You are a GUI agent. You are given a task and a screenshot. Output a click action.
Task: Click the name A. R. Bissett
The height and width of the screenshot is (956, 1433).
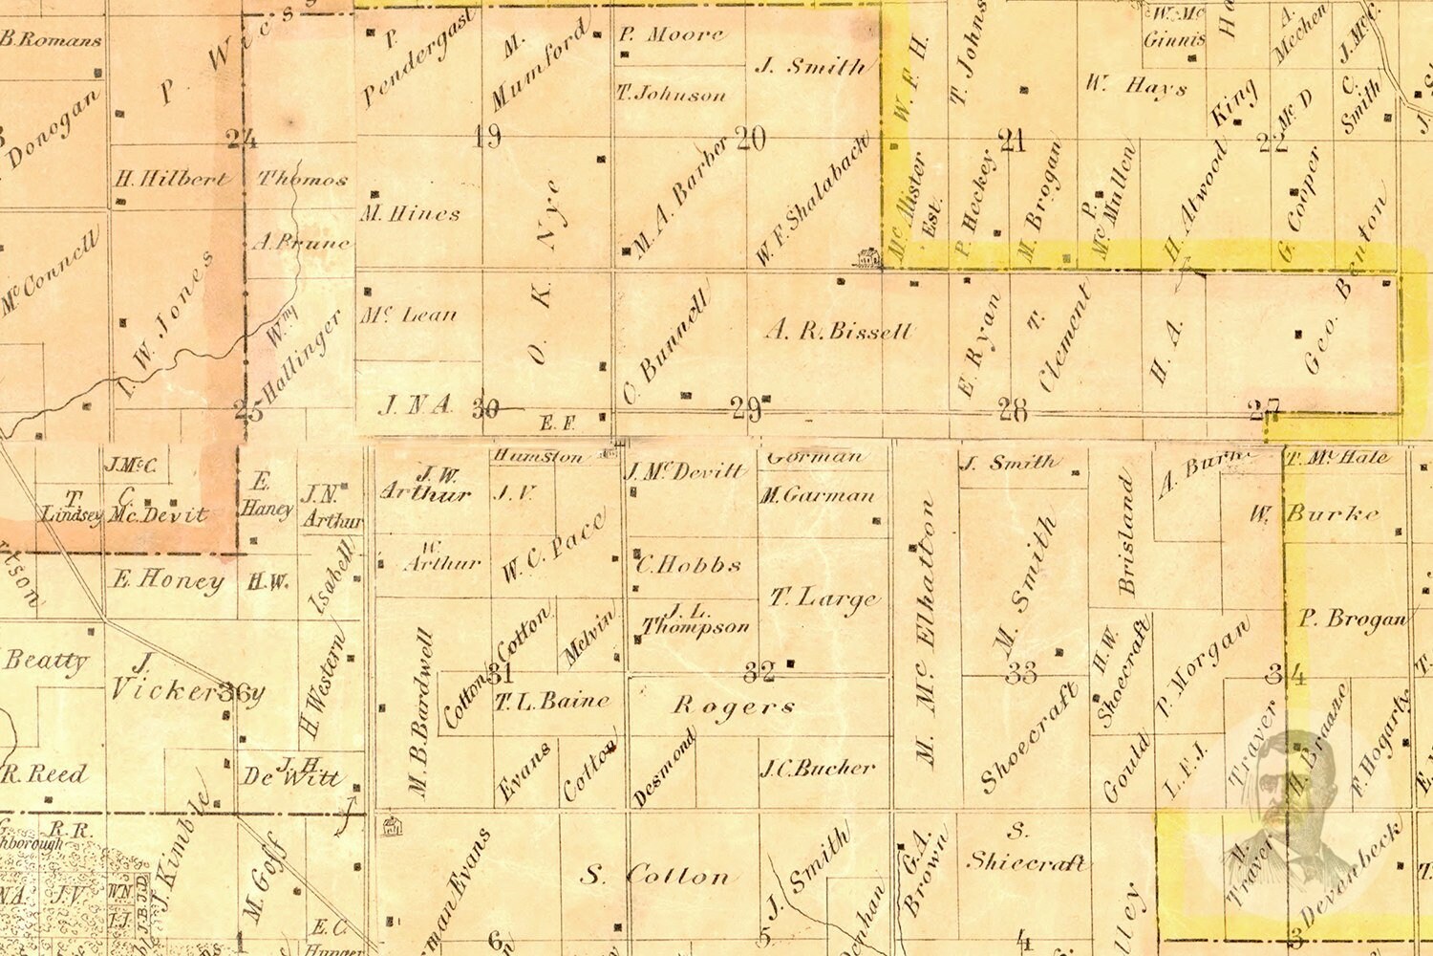838,332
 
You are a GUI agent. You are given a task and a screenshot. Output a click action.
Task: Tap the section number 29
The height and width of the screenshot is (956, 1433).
745,410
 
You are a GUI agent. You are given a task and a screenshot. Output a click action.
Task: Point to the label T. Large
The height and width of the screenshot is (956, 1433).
823,598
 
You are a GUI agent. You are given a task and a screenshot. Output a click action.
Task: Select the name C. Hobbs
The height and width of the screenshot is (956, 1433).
688,564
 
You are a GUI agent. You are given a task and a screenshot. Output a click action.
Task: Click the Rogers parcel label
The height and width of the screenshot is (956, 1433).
733,706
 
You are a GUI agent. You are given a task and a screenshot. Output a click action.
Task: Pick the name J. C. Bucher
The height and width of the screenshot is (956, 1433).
817,767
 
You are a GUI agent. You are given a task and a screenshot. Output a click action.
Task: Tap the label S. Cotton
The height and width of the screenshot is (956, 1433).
655,875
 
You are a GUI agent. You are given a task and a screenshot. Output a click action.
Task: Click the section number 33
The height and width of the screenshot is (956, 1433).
1020,673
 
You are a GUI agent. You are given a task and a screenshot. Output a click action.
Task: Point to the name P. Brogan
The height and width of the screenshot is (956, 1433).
1352,619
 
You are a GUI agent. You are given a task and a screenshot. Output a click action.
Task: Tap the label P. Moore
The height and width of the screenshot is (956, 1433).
671,35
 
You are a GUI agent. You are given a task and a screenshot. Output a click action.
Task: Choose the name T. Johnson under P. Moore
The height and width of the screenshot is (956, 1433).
671,95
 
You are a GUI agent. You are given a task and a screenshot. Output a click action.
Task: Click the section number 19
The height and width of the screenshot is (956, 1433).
487,137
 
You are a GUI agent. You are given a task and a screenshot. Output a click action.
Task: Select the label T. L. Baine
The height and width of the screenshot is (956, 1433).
551,702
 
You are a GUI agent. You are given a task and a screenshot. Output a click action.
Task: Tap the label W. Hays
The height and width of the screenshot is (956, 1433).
1135,85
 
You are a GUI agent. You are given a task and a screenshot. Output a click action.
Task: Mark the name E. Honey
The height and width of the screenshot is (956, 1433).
167,579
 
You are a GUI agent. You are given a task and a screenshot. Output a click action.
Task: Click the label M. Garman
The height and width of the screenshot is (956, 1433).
817,495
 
